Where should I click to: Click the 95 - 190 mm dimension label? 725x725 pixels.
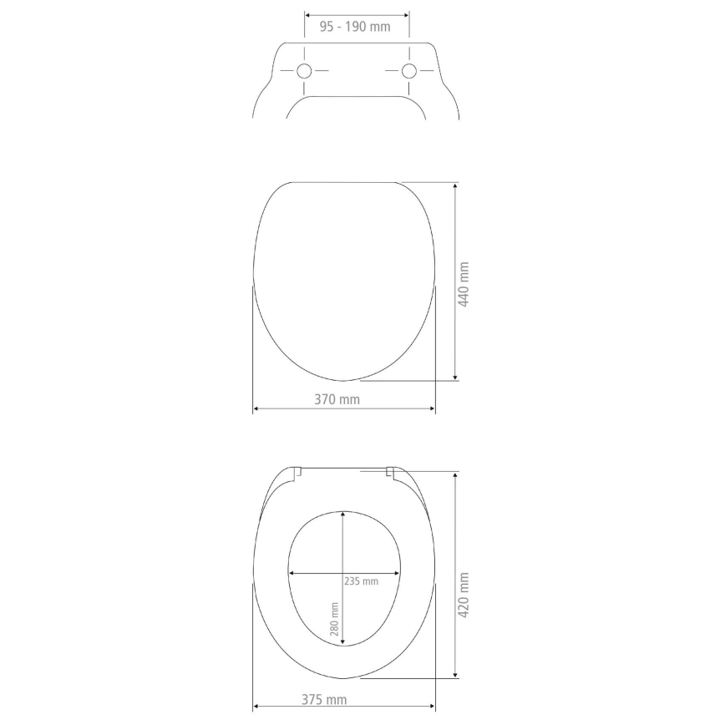pos(355,27)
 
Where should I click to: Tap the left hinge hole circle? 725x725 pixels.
pos(305,71)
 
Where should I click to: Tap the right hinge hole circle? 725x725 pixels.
pos(409,71)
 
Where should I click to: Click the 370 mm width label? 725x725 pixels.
pos(337,399)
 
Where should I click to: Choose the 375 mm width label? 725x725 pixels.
pos(324,699)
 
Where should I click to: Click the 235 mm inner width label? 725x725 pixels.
pos(361,581)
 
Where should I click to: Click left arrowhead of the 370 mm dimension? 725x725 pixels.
pos(256,409)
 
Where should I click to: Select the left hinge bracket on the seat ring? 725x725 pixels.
pos(298,473)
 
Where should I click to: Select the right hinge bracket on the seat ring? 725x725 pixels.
pos(389,474)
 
